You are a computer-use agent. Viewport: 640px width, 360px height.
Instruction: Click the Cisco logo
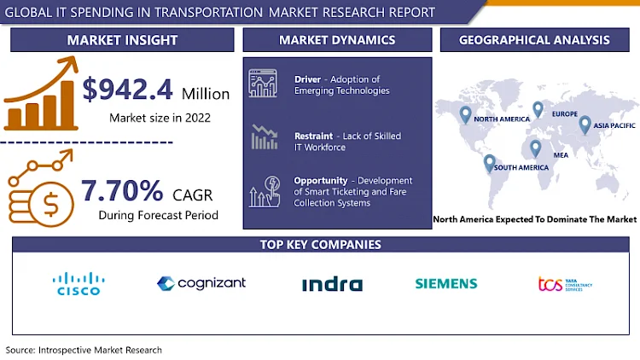[78, 284]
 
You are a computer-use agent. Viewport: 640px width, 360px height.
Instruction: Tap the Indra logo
[332, 284]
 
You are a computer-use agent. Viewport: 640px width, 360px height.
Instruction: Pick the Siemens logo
[446, 284]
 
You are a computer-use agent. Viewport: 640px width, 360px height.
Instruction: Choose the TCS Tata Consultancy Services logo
[565, 284]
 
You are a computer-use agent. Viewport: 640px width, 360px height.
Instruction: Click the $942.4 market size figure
[137, 89]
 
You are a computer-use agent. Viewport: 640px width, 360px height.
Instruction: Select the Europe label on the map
[565, 113]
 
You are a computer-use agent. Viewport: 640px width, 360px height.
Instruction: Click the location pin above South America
[490, 161]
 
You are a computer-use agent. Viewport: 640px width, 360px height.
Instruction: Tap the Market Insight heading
[122, 40]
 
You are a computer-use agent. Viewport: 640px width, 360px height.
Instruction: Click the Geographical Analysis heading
[533, 40]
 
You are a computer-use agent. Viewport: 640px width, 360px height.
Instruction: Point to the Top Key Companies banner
[320, 245]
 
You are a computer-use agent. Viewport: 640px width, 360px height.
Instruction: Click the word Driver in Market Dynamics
[307, 79]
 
